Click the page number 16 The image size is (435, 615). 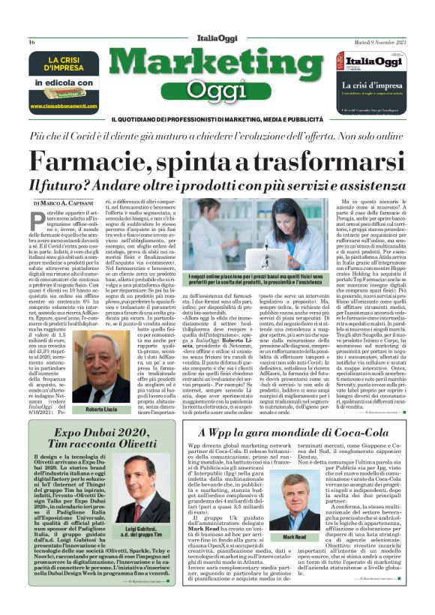pyautogui.click(x=31, y=42)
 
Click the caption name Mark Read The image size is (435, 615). pyautogui.click(x=295, y=538)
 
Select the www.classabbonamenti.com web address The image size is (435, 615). pyautogui.click(x=64, y=106)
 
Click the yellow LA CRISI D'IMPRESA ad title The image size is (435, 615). pyautogui.click(x=65, y=67)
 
